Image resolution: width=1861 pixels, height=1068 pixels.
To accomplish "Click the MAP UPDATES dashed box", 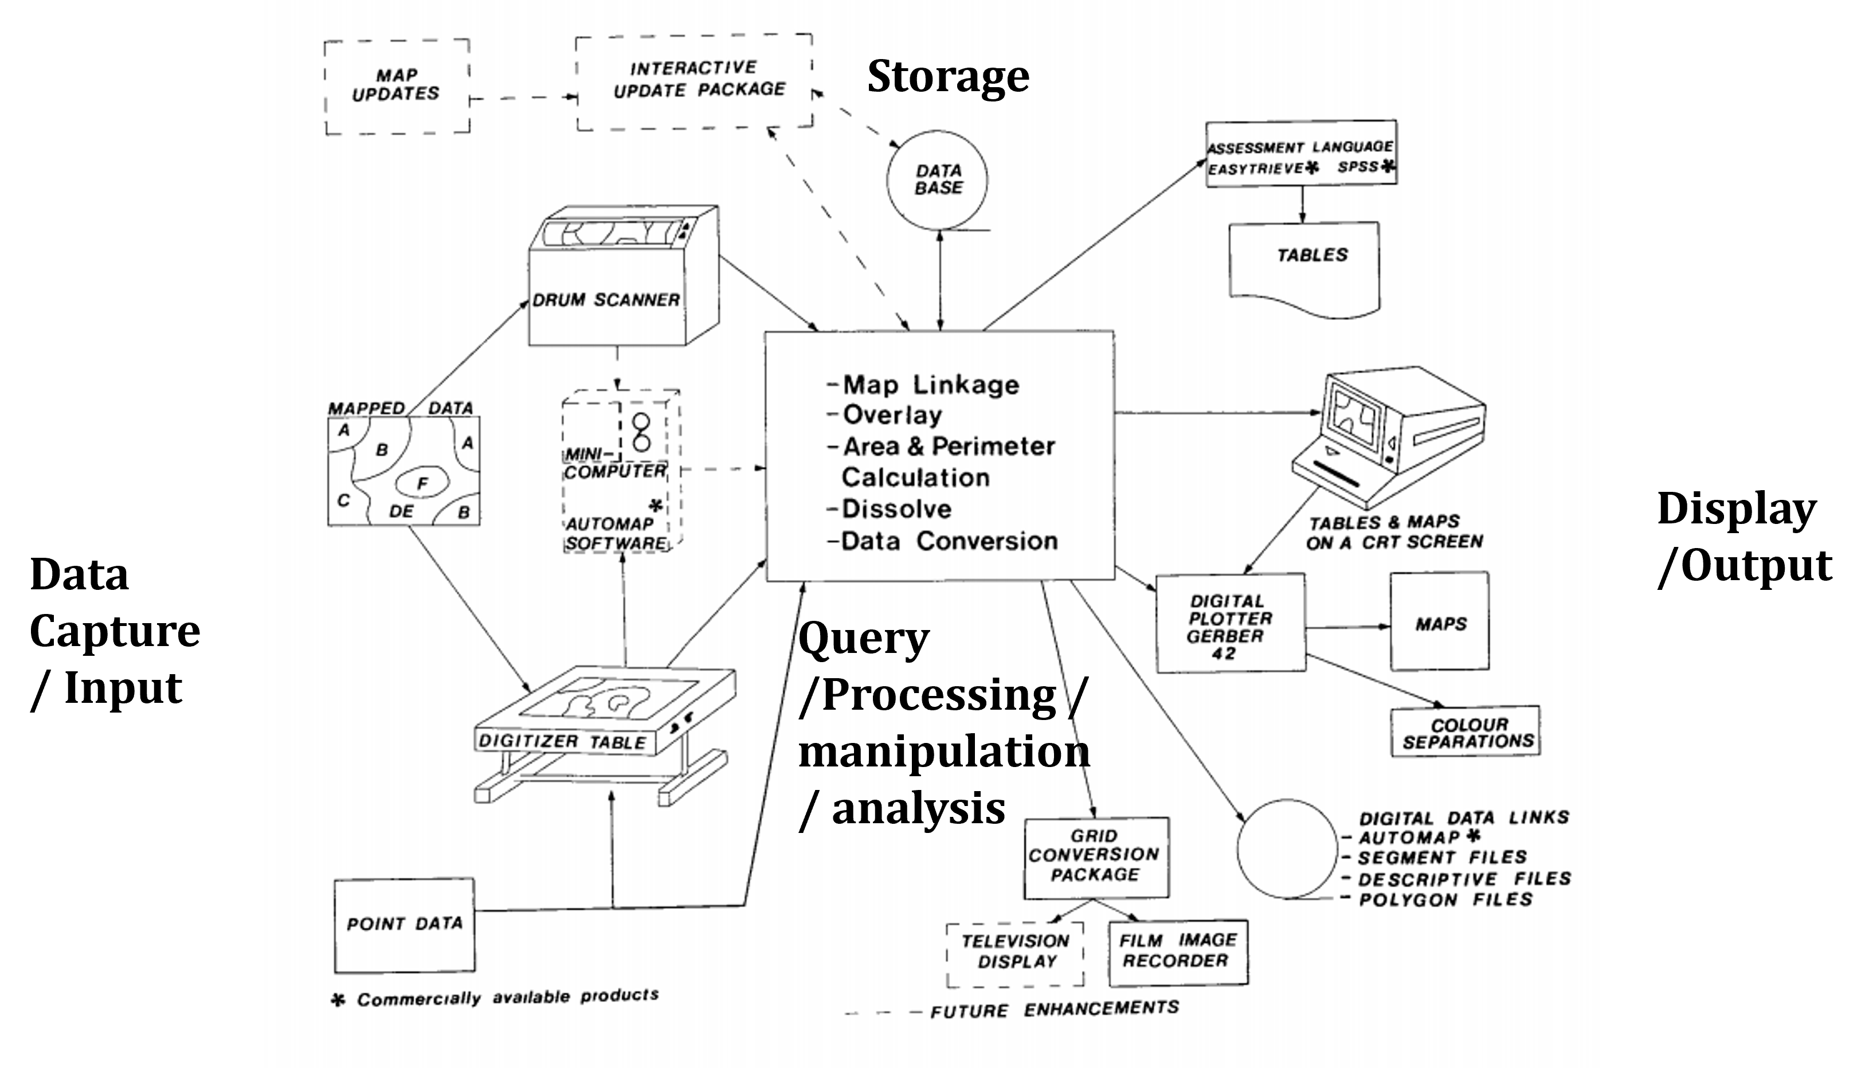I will tap(397, 86).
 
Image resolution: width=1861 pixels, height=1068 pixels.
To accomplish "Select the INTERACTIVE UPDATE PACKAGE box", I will tap(695, 81).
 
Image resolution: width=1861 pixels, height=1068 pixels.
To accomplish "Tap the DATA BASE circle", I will tap(938, 179).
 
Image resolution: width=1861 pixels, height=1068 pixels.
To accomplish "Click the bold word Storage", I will tap(948, 76).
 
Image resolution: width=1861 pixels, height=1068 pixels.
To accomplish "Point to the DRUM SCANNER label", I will tap(606, 300).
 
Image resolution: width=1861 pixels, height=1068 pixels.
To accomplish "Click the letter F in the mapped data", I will tap(422, 483).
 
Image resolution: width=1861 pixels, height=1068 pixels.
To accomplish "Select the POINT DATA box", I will tap(404, 924).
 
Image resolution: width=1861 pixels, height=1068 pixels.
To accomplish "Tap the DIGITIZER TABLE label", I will tap(562, 742).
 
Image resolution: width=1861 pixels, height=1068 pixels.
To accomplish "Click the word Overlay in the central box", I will tap(892, 415).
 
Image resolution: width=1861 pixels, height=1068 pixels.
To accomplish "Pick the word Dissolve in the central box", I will tap(896, 509).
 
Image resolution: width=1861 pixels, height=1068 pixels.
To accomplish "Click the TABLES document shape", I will tap(1304, 268).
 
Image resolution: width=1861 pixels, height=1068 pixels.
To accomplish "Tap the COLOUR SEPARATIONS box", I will tap(1465, 733).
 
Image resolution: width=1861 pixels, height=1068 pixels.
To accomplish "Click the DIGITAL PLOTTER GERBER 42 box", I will tap(1231, 624).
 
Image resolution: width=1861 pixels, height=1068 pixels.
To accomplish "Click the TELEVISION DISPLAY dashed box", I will tap(1015, 952).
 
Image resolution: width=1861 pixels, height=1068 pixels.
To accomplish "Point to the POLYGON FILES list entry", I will tap(1445, 900).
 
